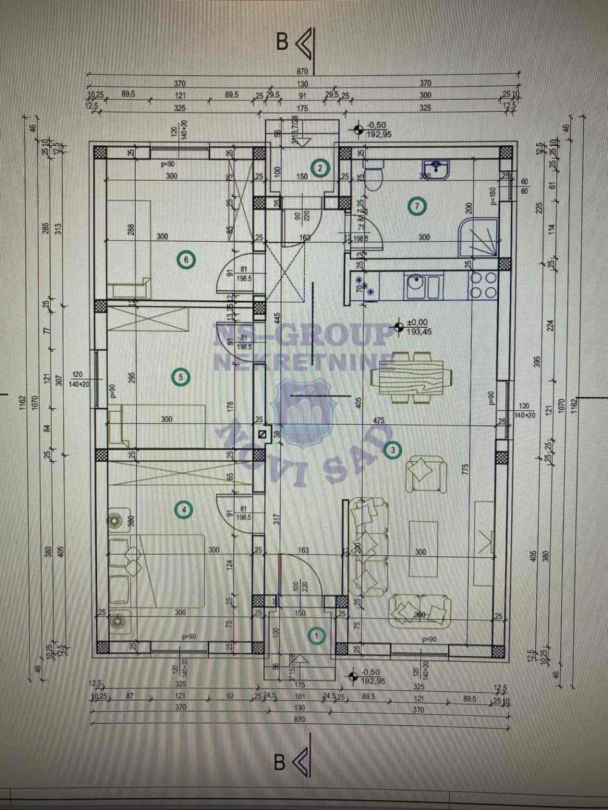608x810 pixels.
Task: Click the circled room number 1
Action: click(317, 636)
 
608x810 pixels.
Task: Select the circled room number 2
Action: click(320, 168)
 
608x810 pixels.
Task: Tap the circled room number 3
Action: click(393, 450)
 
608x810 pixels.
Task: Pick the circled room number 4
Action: click(184, 510)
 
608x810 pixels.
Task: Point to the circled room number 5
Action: click(181, 377)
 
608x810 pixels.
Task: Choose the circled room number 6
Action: click(186, 261)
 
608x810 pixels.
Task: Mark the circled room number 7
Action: click(416, 207)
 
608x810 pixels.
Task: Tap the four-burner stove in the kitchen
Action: click(483, 284)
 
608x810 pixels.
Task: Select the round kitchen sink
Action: click(416, 284)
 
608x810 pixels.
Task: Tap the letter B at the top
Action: click(282, 42)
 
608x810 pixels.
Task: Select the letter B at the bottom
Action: click(280, 763)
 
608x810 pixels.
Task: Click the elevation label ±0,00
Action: click(417, 323)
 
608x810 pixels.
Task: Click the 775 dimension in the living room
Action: click(466, 468)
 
